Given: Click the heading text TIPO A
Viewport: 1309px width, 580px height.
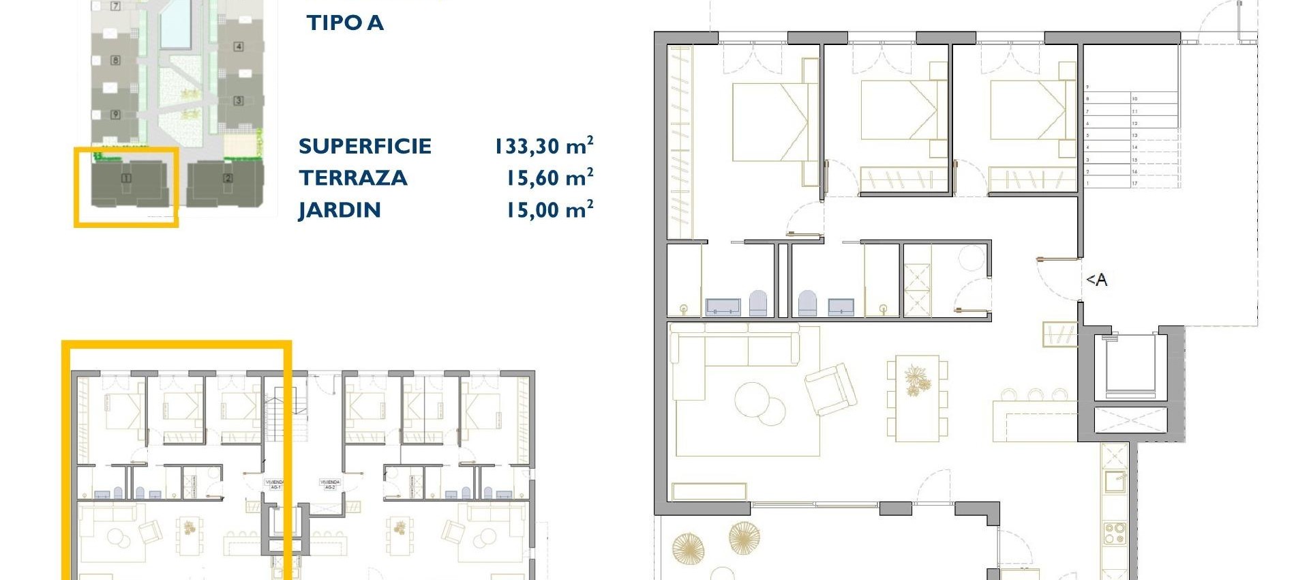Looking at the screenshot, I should click(x=345, y=23).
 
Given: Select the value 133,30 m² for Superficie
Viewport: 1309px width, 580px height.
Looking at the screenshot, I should click(x=543, y=146).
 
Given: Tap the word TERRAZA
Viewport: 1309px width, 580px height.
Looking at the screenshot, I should click(x=353, y=178).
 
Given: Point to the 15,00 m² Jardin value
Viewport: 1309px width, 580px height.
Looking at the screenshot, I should click(x=549, y=210).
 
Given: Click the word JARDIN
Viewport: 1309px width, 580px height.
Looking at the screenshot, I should click(x=340, y=210).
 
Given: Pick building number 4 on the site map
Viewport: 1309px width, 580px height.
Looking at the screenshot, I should click(x=239, y=46).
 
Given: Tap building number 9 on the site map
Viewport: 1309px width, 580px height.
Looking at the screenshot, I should click(x=115, y=114).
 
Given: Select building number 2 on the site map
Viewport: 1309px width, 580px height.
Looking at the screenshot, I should click(x=228, y=179).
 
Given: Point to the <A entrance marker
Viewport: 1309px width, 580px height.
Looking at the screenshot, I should click(x=1096, y=280).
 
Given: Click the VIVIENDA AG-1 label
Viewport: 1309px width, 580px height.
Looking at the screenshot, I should click(x=275, y=484).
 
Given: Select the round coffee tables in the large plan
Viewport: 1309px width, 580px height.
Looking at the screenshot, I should click(x=759, y=403).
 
